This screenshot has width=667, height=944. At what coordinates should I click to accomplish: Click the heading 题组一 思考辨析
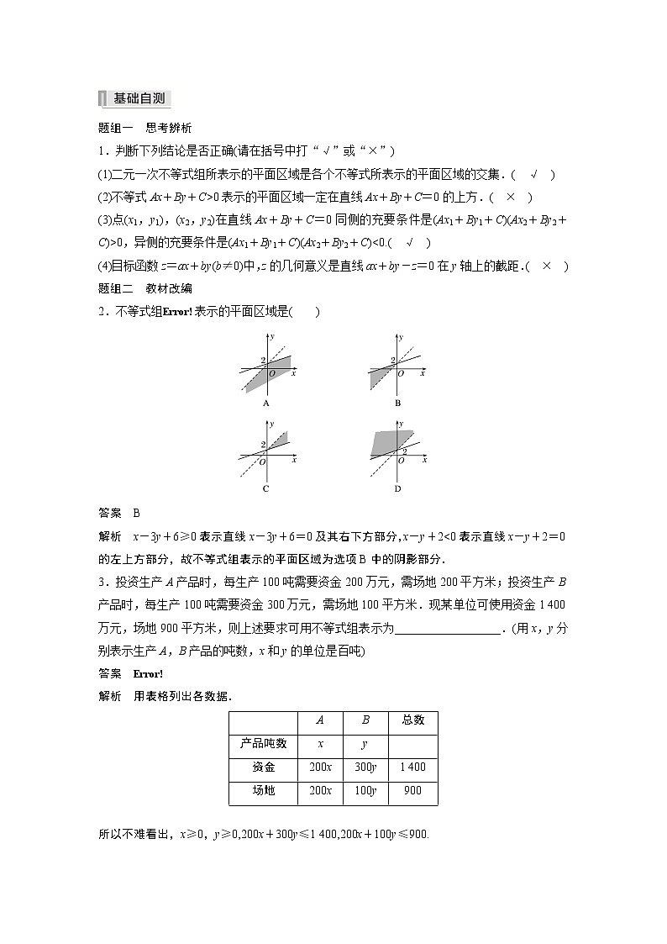point(145,129)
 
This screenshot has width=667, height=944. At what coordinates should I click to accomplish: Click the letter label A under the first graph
point(266,403)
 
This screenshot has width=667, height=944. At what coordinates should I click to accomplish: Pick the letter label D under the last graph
point(397,488)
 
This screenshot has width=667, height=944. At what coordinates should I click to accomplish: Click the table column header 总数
point(412,720)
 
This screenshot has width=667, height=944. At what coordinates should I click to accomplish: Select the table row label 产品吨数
point(263,743)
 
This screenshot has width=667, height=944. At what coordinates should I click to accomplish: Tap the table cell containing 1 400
point(412,767)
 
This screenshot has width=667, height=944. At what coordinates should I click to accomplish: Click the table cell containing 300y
point(365,767)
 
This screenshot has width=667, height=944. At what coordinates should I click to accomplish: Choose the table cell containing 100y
point(365,790)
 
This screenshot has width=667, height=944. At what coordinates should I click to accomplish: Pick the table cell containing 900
point(412,790)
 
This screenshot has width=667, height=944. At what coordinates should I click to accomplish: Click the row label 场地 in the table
point(263,790)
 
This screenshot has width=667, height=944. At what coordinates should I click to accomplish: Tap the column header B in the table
point(365,720)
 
